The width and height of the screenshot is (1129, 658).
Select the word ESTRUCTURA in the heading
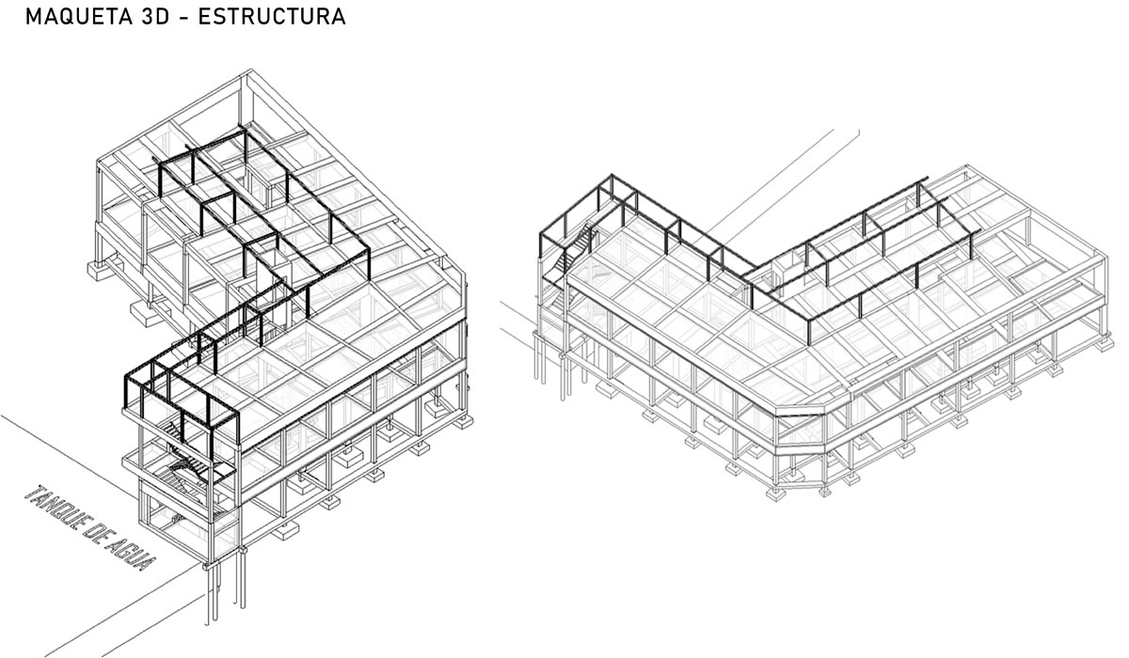click(x=272, y=17)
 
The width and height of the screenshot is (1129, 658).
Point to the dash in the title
click(x=183, y=18)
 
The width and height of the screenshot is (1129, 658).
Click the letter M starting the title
click(x=33, y=17)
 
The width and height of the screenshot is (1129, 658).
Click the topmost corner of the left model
click(x=251, y=70)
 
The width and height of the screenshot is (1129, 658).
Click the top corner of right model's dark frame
click(x=612, y=175)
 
